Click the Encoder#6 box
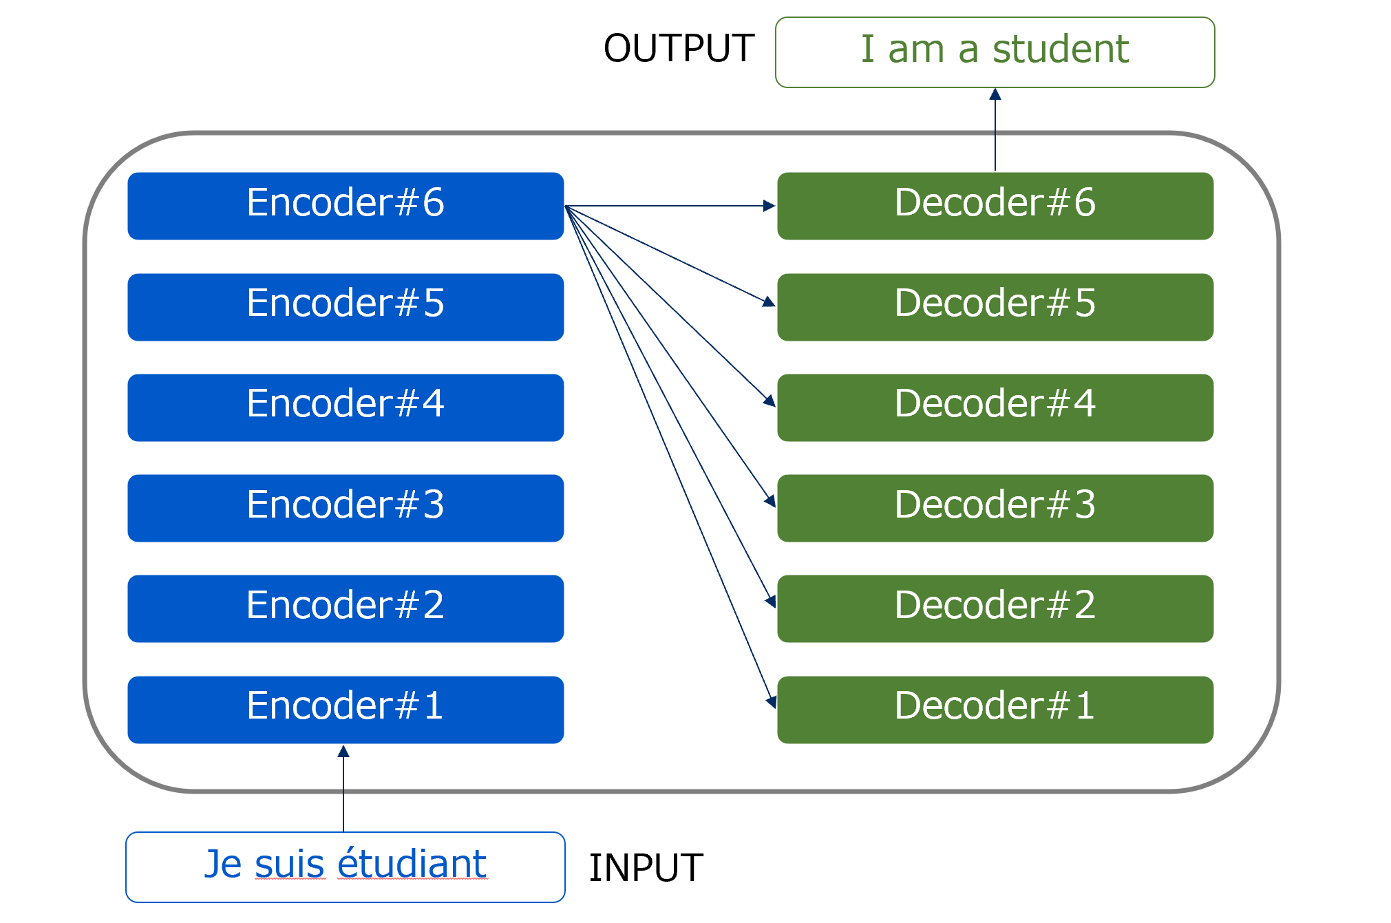coord(346,206)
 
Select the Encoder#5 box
coord(346,307)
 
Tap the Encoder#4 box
coord(346,407)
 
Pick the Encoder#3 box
coord(346,508)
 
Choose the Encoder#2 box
coord(346,608)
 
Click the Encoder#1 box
coord(346,710)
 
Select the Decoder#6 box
coord(995,206)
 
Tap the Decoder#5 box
coord(995,307)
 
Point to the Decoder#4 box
coord(995,407)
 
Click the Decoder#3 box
coord(995,508)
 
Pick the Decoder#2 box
coord(995,608)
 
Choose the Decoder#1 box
coord(995,710)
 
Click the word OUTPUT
coord(679,48)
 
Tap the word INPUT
coord(646,867)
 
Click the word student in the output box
coord(1060,50)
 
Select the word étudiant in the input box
coord(412,864)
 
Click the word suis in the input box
coord(289,865)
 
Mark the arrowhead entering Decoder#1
coord(772,701)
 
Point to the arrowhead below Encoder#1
coord(343,752)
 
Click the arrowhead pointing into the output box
coord(995,94)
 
